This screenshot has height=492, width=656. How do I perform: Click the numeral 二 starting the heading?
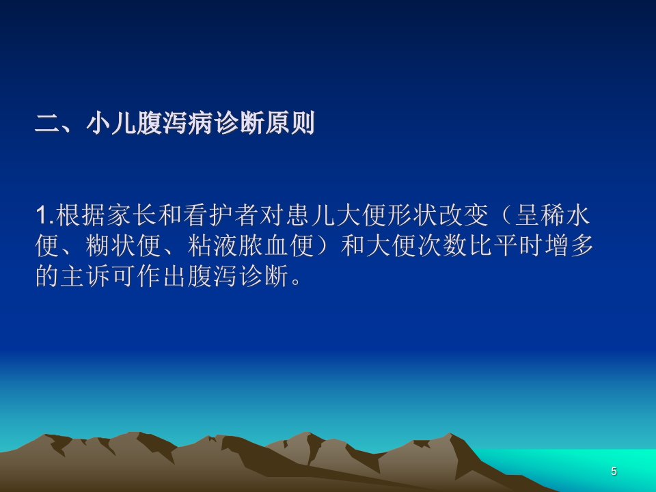pyautogui.click(x=48, y=124)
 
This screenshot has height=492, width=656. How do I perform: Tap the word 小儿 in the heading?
pyautogui.click(x=111, y=124)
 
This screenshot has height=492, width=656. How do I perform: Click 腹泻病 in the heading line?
pyautogui.click(x=174, y=124)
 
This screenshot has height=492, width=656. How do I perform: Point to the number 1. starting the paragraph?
pyautogui.click(x=45, y=215)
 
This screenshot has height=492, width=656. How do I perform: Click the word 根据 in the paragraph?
pyautogui.click(x=80, y=215)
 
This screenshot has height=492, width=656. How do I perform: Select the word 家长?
pyautogui.click(x=131, y=215)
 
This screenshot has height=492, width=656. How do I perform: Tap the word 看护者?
pyautogui.click(x=221, y=215)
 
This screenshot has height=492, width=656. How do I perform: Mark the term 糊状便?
pyautogui.click(x=123, y=245)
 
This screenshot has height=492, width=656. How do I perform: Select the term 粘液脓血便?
pyautogui.click(x=251, y=245)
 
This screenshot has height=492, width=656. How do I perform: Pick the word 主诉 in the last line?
pyautogui.click(x=86, y=276)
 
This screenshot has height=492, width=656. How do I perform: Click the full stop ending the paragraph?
pyautogui.click(x=296, y=281)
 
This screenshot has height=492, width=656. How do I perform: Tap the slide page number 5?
pyautogui.click(x=614, y=471)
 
